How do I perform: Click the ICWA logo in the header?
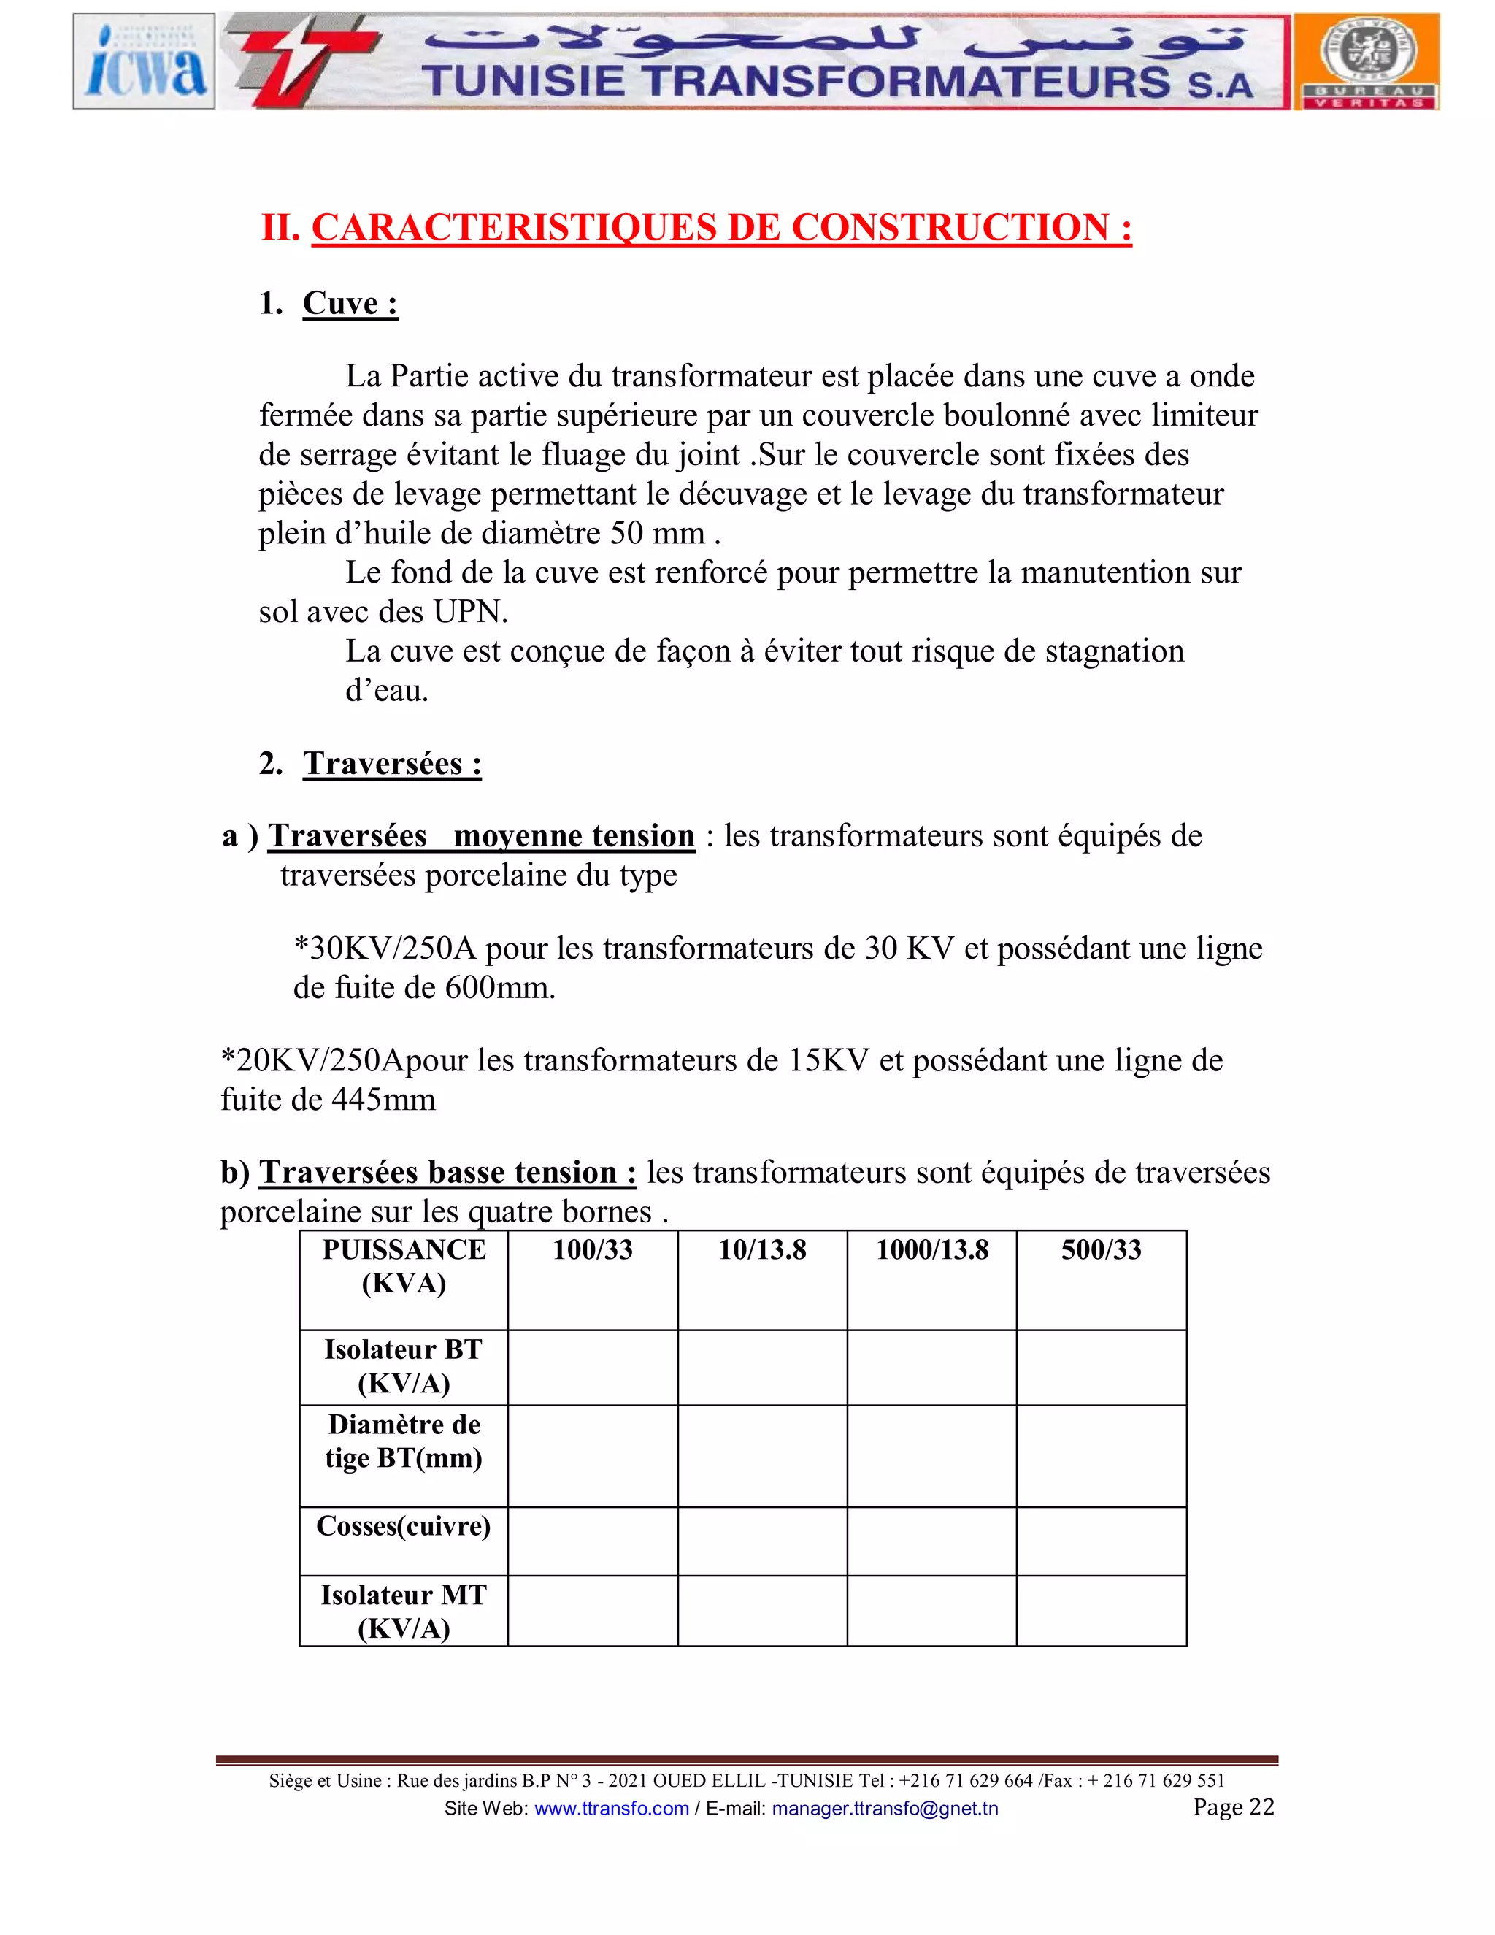(x=144, y=61)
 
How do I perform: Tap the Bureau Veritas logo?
(x=1367, y=61)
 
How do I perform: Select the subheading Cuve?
(x=350, y=303)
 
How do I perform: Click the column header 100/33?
(x=593, y=1250)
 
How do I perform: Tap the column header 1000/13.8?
(x=931, y=1250)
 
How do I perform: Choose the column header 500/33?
(x=1101, y=1250)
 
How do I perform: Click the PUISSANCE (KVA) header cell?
(x=404, y=1266)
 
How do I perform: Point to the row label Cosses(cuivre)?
(x=404, y=1525)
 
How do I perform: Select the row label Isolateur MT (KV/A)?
(x=404, y=1611)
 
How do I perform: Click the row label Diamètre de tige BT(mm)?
(x=404, y=1441)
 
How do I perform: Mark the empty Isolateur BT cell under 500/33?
(x=1101, y=1367)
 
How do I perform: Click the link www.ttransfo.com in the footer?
(x=611, y=1808)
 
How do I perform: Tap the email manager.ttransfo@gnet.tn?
(x=884, y=1808)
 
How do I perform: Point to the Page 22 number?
(x=1233, y=1806)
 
